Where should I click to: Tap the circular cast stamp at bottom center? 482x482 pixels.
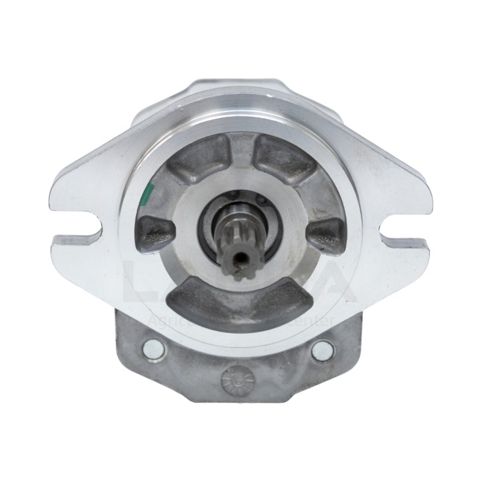pyautogui.click(x=236, y=379)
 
